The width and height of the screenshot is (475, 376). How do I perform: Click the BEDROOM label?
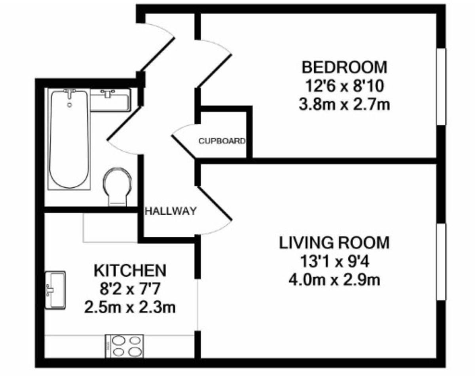click(x=344, y=67)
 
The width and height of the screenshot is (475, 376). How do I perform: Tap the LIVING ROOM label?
click(x=334, y=242)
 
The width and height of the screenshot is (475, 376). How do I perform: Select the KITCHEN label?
click(x=129, y=271)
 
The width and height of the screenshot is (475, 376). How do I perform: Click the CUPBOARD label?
click(x=222, y=141)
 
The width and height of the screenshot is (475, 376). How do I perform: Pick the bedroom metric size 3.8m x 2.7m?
click(x=344, y=105)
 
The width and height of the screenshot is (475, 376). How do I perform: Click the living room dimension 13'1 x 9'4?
click(x=334, y=261)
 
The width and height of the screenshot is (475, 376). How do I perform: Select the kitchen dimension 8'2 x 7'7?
click(x=129, y=289)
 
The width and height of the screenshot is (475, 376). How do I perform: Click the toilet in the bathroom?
click(x=117, y=186)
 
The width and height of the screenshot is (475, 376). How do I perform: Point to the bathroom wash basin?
click(x=110, y=100)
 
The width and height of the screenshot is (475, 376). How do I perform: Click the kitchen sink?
click(x=55, y=290)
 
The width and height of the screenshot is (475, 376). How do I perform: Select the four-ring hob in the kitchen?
click(x=124, y=346)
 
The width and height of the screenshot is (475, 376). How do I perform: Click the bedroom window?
click(x=441, y=86)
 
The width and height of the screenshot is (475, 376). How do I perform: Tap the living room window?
click(x=441, y=261)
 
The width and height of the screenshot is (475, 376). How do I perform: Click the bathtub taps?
click(x=70, y=93)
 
